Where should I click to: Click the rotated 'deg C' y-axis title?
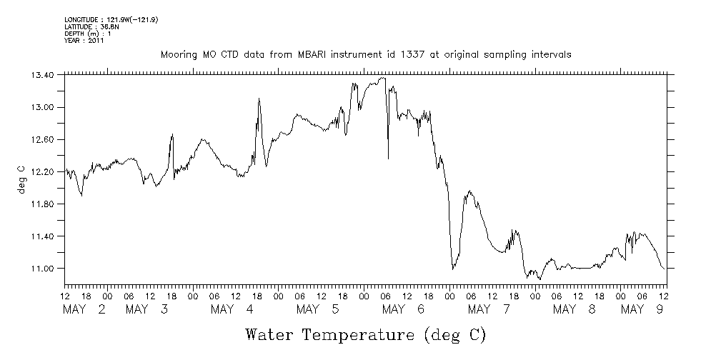coord(22,182)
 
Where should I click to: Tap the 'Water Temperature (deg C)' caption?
coord(365,334)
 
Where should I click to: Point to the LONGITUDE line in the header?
coord(111,20)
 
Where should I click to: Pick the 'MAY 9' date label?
coord(642,309)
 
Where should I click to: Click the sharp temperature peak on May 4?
coord(259,99)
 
